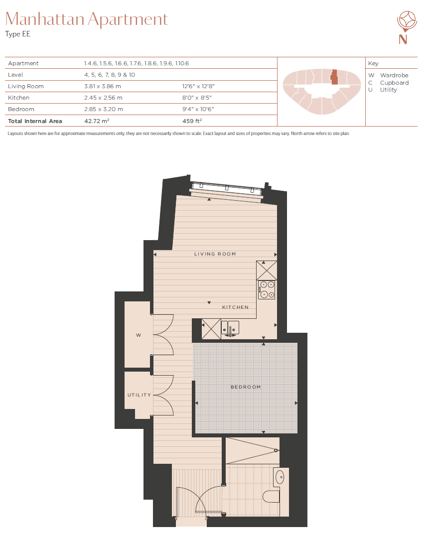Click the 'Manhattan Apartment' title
tap(87, 19)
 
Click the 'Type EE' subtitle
tap(17, 34)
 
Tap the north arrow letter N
tap(403, 39)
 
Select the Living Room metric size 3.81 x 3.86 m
tap(102, 86)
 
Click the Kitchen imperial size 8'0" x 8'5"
tap(197, 98)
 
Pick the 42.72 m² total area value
tap(97, 121)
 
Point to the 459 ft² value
tap(192, 121)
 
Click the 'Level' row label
tap(15, 75)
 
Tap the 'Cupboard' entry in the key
tap(394, 83)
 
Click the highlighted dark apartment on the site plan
tap(334, 77)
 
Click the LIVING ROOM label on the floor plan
tap(215, 254)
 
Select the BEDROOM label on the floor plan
tap(246, 387)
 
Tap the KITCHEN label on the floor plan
tap(235, 307)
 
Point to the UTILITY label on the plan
tap(139, 395)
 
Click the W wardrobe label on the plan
tap(139, 335)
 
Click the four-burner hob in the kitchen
tap(267, 289)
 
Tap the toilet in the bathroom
tap(271, 497)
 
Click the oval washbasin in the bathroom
tap(280, 477)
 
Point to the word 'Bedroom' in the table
tap(21, 109)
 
